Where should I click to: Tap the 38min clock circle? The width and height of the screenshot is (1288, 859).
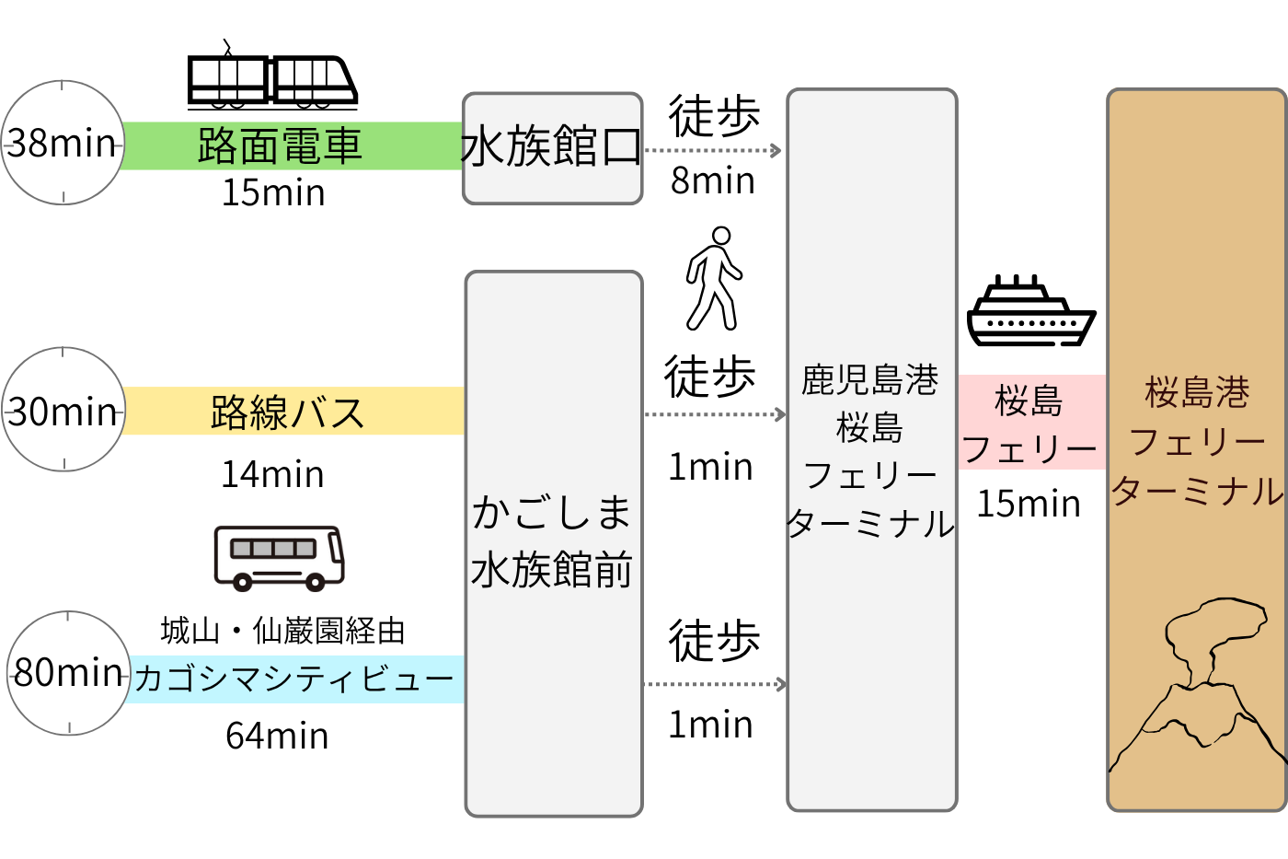[x=63, y=143]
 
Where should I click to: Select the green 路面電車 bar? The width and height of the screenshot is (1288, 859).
[x=291, y=145]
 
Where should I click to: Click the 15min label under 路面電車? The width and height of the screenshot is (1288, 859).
[x=273, y=193]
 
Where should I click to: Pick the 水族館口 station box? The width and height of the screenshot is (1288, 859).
[x=552, y=147]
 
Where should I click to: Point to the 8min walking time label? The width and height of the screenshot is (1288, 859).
[x=712, y=180]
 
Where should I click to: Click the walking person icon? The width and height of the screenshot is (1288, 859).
[x=713, y=278]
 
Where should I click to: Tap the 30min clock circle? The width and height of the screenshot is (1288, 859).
[x=63, y=410]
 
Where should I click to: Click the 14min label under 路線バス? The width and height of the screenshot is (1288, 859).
[x=273, y=475]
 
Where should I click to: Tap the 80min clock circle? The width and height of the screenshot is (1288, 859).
[x=68, y=673]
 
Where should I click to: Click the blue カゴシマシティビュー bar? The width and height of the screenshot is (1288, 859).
[x=294, y=679]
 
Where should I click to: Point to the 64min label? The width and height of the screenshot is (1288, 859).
[x=277, y=737]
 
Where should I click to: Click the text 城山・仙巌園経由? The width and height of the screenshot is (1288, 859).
[x=282, y=631]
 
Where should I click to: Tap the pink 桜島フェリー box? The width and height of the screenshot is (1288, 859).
[x=1030, y=423]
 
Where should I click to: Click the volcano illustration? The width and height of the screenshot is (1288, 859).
[x=1196, y=686]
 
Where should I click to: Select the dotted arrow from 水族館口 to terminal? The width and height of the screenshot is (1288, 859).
[x=713, y=150]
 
